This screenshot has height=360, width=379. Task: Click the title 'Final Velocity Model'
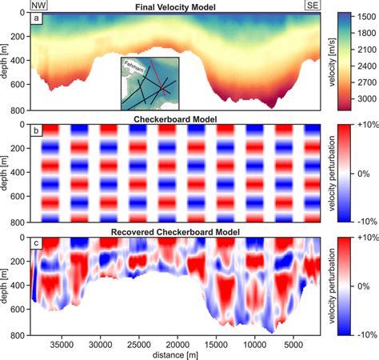[178, 6]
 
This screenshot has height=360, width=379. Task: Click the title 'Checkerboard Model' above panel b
[178, 118]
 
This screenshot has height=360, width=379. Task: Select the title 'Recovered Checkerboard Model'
[178, 231]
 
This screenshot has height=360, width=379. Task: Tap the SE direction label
[314, 6]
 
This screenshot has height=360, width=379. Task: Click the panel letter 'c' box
[37, 244]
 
